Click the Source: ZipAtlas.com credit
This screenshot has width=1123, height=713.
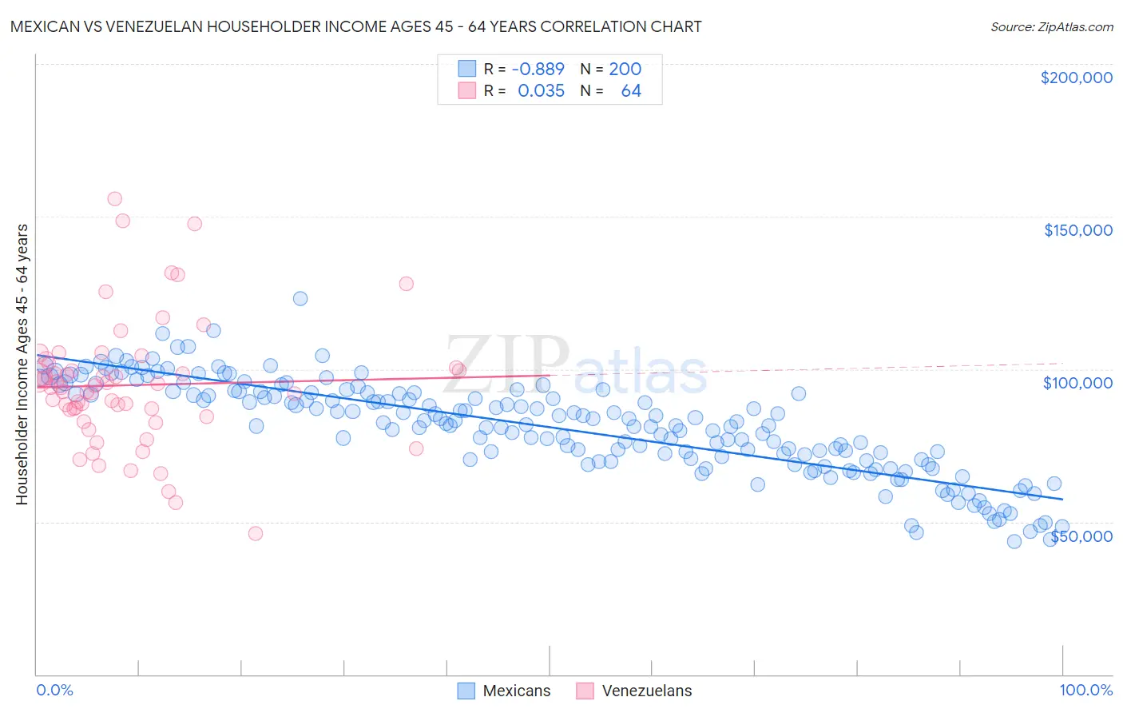[x=1051, y=26]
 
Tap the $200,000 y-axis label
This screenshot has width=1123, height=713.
[x=1076, y=78]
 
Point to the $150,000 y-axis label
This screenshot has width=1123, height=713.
[x=1077, y=230]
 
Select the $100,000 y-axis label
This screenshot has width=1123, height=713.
[x=1077, y=383]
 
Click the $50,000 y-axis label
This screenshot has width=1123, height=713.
[x=1081, y=536]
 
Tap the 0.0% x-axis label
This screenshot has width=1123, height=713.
[x=54, y=690]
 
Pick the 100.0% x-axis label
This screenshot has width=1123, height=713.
[x=1085, y=690]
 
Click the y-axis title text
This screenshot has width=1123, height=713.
[x=22, y=364]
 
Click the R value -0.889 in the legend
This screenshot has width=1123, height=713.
[x=541, y=70]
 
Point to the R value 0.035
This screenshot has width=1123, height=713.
[x=541, y=91]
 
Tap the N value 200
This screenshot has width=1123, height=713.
[x=625, y=70]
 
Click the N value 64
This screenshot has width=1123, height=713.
[x=631, y=91]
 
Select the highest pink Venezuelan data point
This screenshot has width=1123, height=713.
[x=114, y=199]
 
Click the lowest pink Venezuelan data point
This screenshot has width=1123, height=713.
[x=256, y=533]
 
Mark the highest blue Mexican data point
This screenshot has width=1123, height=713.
[x=300, y=298]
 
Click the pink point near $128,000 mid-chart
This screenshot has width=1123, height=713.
[x=406, y=284]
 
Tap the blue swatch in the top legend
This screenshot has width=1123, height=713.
[x=466, y=70]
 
